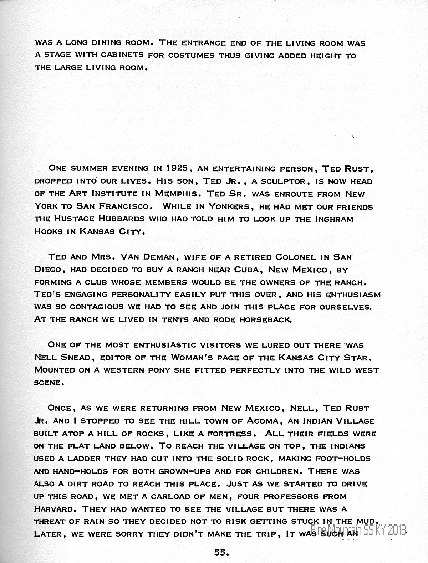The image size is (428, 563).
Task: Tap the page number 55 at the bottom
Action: tap(221, 552)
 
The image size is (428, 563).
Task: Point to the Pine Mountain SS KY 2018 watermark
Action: tap(358, 531)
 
